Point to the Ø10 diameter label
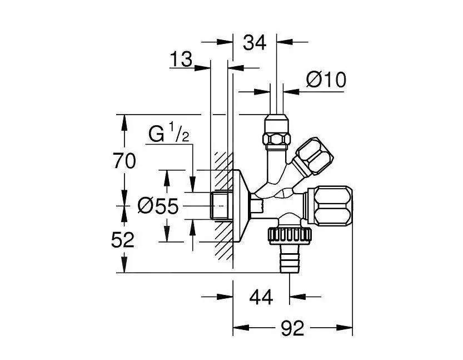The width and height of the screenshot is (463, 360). (x=326, y=80)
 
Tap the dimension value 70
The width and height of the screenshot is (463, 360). (x=124, y=161)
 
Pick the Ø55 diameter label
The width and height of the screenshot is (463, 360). (x=157, y=206)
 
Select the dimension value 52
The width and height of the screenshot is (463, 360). (x=123, y=240)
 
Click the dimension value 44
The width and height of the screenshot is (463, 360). (x=261, y=298)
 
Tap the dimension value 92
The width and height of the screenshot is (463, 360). (x=292, y=329)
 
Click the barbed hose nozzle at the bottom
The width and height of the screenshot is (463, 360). (x=289, y=262)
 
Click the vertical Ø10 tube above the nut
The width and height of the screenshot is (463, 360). (x=276, y=100)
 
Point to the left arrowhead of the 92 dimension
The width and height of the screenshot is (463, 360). (x=238, y=329)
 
